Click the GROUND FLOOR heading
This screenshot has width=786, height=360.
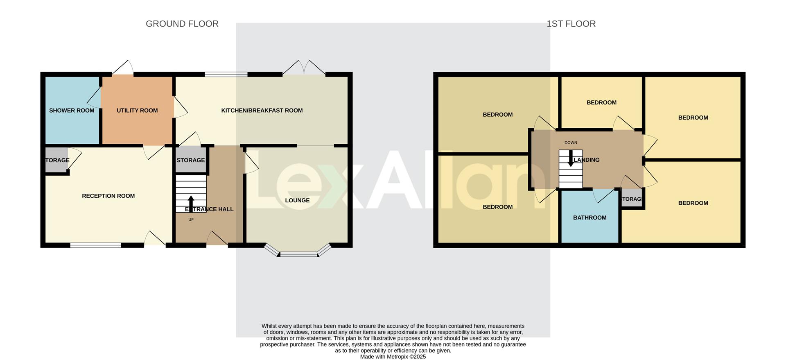182,24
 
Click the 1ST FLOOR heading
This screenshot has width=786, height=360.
571,24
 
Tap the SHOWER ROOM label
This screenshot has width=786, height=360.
72,111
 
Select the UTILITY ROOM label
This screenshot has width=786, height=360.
137,111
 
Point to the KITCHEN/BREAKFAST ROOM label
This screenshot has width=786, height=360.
262,111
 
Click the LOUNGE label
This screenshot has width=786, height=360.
297,200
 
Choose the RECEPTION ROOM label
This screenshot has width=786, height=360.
108,196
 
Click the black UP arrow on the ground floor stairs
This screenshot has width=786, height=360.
191,203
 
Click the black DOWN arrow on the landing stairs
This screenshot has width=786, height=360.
571,158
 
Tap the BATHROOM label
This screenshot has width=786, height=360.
589,217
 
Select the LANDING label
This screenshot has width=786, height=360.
587,160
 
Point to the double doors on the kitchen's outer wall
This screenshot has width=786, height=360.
304,68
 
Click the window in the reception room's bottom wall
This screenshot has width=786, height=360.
95,245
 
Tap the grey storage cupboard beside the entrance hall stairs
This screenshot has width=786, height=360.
190,160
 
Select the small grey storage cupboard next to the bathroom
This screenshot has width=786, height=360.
632,199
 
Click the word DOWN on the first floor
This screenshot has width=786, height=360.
571,143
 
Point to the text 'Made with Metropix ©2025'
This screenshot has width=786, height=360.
393,357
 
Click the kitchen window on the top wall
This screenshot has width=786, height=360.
226,75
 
